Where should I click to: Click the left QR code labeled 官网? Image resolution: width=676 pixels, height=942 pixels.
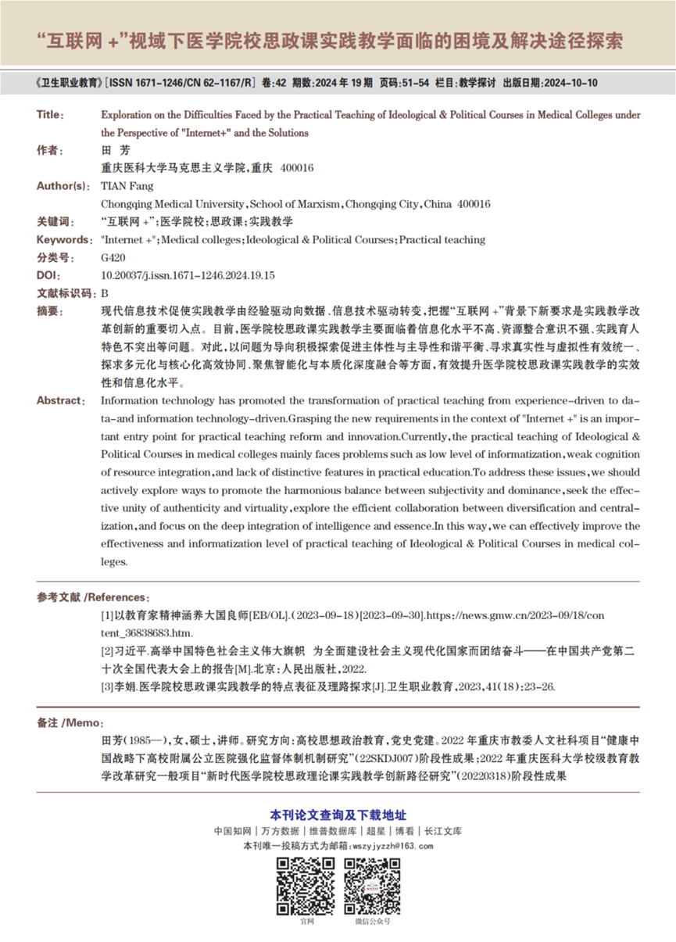(x=306, y=886)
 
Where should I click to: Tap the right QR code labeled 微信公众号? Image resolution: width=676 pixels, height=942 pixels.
(x=372, y=886)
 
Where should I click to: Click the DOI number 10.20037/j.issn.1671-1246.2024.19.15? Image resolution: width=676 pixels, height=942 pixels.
(x=188, y=276)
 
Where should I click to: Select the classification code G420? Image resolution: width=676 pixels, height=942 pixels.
(x=113, y=258)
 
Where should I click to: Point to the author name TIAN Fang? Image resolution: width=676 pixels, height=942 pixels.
(x=127, y=186)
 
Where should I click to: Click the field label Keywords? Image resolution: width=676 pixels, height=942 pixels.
(x=63, y=240)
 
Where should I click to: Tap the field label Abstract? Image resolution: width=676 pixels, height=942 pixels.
(x=61, y=400)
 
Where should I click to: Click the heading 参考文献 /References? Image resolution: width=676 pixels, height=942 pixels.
(x=92, y=597)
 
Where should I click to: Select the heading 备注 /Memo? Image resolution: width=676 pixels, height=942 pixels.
(x=70, y=722)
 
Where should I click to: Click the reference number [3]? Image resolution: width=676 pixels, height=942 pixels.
(x=108, y=686)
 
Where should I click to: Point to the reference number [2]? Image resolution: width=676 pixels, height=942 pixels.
(x=108, y=650)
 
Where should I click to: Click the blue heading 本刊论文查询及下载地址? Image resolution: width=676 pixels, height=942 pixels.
(x=338, y=815)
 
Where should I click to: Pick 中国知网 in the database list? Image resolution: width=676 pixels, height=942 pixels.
(x=232, y=832)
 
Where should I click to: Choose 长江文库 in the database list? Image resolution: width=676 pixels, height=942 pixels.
(x=442, y=832)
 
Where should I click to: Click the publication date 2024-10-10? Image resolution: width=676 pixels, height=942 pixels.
(x=570, y=82)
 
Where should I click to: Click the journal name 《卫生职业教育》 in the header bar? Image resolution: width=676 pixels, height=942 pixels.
(x=68, y=82)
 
